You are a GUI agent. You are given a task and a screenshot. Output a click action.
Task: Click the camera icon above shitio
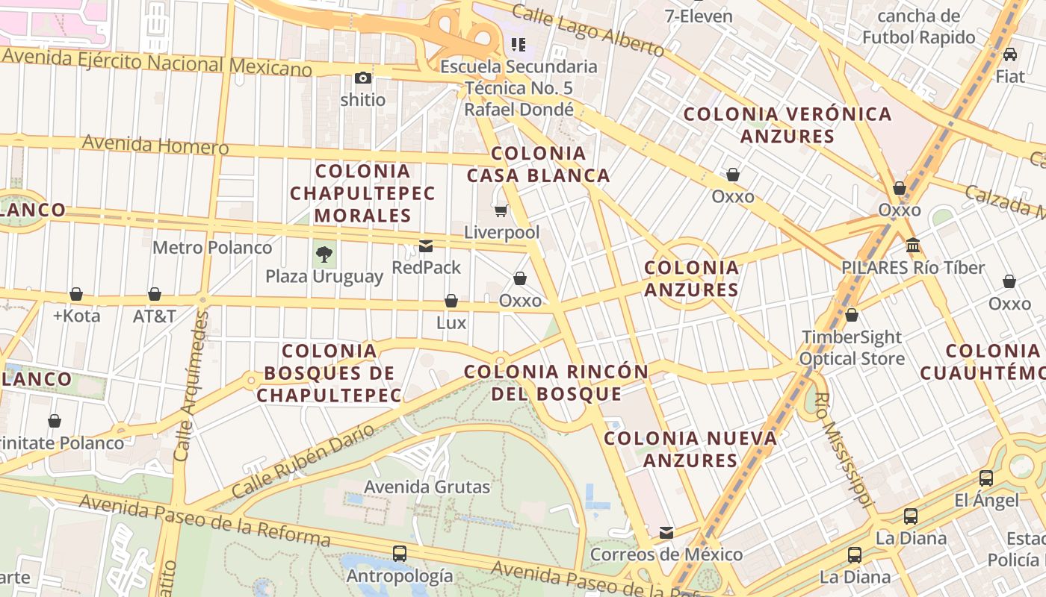(x=363, y=78)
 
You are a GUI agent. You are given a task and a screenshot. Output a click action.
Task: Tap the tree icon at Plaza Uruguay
(x=324, y=254)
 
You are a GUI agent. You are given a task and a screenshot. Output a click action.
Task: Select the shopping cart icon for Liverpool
(x=501, y=210)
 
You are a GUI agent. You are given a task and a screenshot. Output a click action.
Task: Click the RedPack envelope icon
(x=426, y=246)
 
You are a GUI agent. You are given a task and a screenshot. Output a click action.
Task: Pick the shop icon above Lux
(x=451, y=301)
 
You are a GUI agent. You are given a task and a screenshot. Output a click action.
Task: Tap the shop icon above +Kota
(x=76, y=294)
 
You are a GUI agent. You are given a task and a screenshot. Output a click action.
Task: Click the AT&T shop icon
(x=155, y=294)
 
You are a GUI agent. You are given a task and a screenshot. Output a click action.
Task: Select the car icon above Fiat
(x=1010, y=54)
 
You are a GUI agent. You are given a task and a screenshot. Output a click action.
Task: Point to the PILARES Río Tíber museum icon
(x=912, y=245)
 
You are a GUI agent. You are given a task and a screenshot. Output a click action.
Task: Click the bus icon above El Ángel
(x=986, y=478)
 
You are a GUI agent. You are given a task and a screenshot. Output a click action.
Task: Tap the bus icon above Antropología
(x=400, y=554)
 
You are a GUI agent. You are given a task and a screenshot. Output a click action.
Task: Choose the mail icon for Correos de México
(x=666, y=533)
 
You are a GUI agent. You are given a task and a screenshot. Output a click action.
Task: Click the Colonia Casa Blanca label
(x=539, y=165)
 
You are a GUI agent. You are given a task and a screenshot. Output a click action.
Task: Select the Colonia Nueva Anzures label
(x=690, y=449)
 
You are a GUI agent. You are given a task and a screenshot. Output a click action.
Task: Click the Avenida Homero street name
(x=155, y=144)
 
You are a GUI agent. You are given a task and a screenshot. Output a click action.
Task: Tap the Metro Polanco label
(x=212, y=247)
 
